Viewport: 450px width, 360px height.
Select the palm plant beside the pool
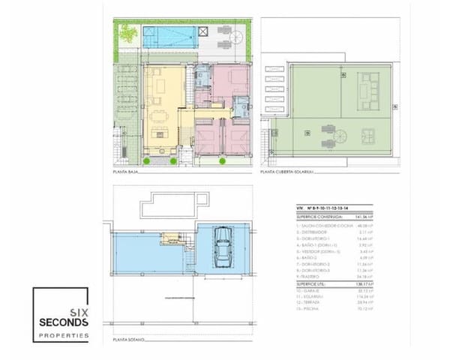[125, 34]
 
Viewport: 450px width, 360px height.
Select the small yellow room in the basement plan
[172, 239]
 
